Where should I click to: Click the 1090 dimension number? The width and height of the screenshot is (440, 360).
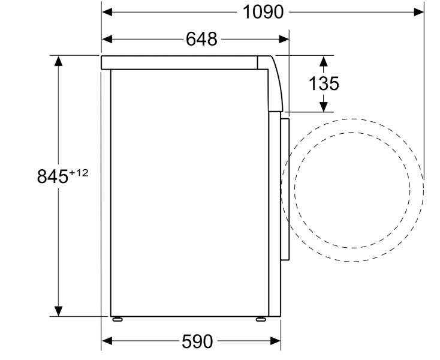coord(263,13)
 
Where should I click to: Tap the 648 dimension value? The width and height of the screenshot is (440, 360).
coord(201,39)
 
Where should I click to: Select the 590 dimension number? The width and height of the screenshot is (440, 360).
coord(197,341)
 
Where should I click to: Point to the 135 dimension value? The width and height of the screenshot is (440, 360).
coord(324,83)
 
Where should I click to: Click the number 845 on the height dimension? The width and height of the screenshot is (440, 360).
coord(53,176)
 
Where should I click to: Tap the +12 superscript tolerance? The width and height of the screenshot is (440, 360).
coord(79,173)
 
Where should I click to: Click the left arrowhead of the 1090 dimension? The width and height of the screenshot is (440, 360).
coord(107,12)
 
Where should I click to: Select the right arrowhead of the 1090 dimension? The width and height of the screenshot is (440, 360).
coord(418,12)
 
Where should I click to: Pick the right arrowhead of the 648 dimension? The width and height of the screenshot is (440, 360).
coord(284,40)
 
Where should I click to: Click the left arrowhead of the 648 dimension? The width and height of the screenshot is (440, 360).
coord(107,40)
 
